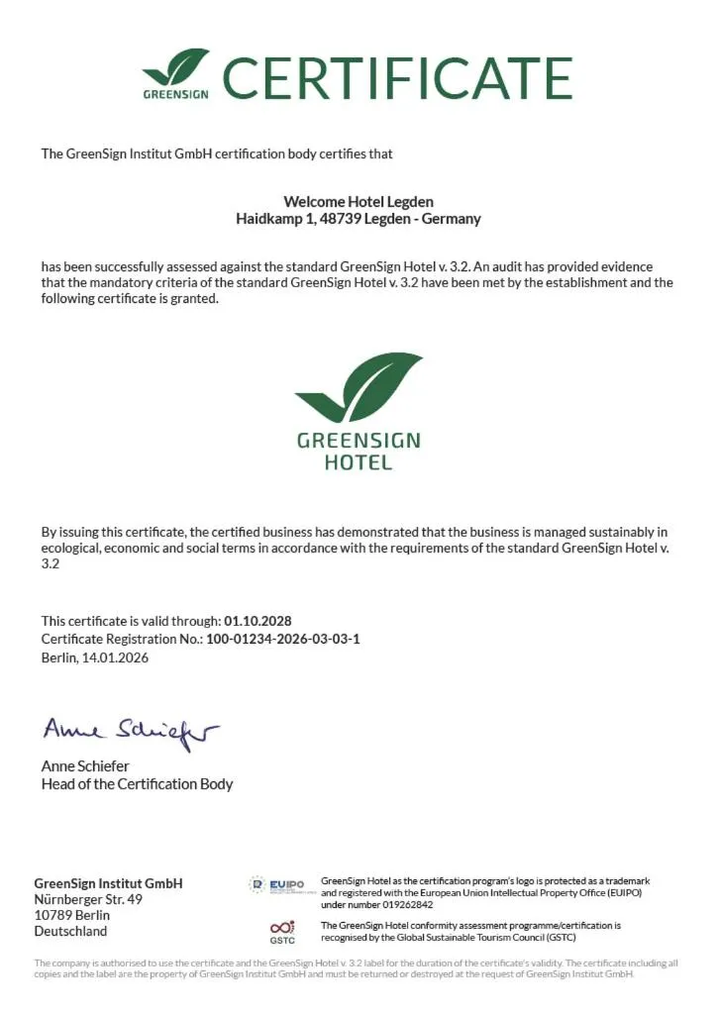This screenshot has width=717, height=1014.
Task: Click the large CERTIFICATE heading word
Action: coord(397,77)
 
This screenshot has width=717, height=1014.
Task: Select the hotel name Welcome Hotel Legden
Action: coord(358,202)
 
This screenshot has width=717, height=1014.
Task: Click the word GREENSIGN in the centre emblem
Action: coord(358,441)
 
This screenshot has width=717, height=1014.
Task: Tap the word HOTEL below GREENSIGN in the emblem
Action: coord(358,462)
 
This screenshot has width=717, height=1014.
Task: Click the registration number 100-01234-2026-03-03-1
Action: coord(282,639)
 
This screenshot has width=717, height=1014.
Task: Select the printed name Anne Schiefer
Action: coord(85,765)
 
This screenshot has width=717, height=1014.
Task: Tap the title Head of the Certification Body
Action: coord(137,783)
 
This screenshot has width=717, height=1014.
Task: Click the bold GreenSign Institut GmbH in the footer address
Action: coord(108,883)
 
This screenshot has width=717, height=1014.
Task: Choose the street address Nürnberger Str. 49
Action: coord(88,899)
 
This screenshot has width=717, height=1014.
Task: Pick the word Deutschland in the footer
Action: coord(70,931)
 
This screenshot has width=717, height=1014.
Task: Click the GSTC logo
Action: coord(282,931)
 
